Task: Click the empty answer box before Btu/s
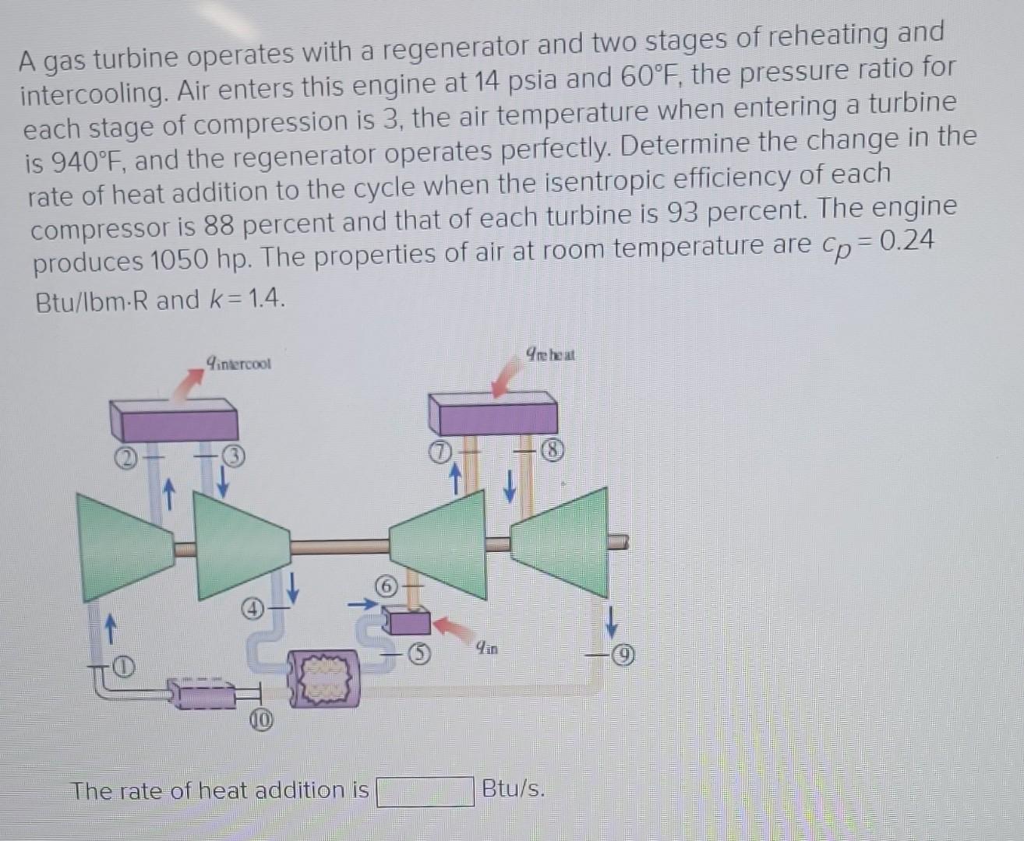click(x=425, y=791)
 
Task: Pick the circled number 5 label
click(x=420, y=655)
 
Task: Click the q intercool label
click(x=238, y=364)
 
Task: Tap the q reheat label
click(x=551, y=355)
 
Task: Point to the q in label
click(x=489, y=646)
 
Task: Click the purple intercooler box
click(x=174, y=421)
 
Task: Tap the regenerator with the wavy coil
click(x=323, y=678)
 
